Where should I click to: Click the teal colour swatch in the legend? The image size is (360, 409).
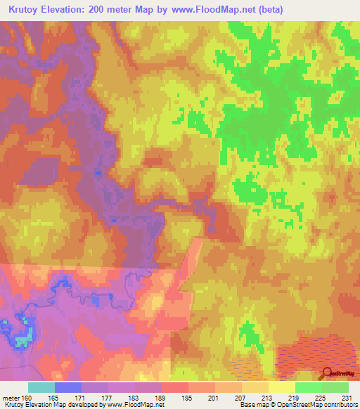pos(41,387)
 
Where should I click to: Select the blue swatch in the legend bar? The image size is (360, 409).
pos(67,387)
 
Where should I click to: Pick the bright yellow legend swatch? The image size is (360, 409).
pos(281,387)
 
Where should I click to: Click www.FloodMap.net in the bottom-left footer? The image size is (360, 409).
pos(136,405)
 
